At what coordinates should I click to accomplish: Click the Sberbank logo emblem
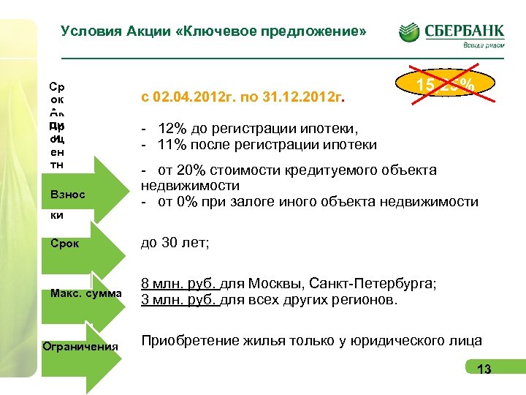(x=410, y=32)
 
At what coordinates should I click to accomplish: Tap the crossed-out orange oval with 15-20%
(x=445, y=85)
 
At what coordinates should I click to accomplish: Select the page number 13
(x=484, y=369)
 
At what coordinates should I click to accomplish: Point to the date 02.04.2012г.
(x=191, y=96)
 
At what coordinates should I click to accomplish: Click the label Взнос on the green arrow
(x=68, y=196)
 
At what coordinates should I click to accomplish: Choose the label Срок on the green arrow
(x=65, y=243)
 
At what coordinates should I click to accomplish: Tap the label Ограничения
(x=80, y=346)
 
